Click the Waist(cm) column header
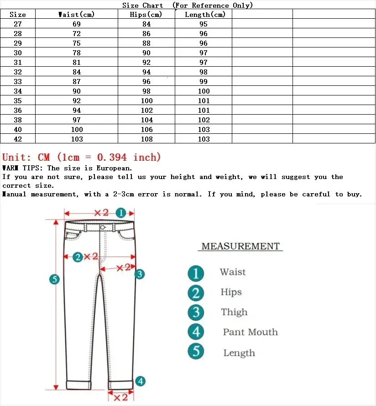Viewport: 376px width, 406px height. click(77, 15)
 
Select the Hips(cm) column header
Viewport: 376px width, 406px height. click(146, 15)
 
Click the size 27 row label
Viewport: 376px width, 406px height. click(18, 24)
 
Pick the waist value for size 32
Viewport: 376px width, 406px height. click(77, 72)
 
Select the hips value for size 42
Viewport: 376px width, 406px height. click(146, 139)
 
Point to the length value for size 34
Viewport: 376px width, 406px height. click(204, 91)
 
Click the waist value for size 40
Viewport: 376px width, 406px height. click(77, 130)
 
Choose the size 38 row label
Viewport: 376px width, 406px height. click(18, 120)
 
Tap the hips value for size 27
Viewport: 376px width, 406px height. click(146, 24)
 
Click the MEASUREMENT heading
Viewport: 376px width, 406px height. click(240, 247)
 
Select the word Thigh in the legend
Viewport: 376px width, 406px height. click(234, 312)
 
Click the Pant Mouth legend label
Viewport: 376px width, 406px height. click(250, 332)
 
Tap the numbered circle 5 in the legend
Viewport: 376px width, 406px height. click(196, 352)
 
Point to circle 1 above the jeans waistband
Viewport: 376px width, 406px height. click(120, 213)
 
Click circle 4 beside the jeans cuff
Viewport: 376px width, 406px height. click(141, 381)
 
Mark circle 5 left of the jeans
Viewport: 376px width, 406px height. click(55, 279)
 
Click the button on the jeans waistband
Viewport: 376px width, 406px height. click(103, 227)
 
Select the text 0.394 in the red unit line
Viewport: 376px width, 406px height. click(113, 158)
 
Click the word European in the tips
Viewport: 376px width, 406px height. click(114, 169)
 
